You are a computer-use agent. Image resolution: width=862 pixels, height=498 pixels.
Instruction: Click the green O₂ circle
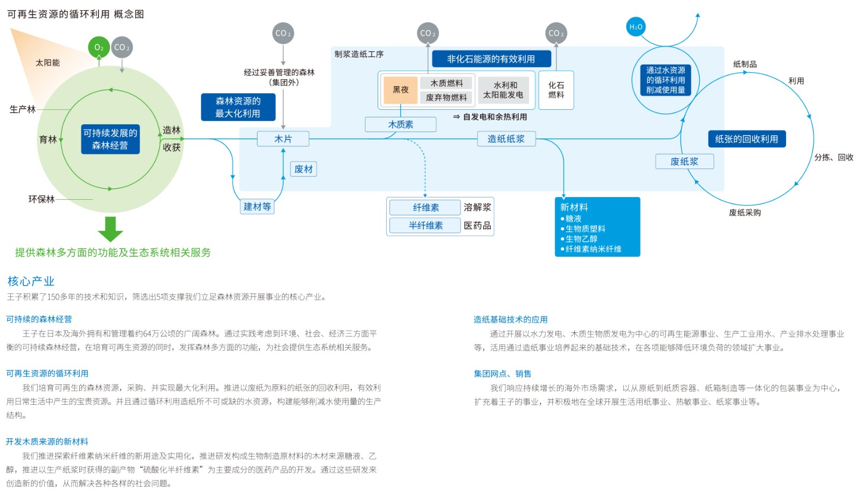click(x=99, y=47)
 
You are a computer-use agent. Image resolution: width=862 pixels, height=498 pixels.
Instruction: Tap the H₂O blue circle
click(x=636, y=27)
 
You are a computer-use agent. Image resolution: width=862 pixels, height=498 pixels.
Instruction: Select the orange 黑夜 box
click(x=400, y=90)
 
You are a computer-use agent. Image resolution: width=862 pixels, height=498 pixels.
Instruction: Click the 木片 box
click(x=283, y=139)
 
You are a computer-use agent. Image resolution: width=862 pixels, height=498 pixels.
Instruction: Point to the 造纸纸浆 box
click(x=506, y=139)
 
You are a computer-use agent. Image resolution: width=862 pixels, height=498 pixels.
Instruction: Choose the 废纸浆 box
click(x=684, y=162)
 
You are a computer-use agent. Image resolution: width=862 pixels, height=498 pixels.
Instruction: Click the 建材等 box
click(x=257, y=207)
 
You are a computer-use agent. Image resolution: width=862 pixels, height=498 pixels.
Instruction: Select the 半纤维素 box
click(x=425, y=226)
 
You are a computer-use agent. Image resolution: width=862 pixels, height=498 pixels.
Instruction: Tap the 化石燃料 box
click(x=556, y=90)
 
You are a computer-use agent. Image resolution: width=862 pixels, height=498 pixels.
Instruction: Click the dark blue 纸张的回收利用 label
click(x=746, y=139)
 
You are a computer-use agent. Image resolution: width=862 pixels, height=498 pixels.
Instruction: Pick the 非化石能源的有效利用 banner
click(x=490, y=59)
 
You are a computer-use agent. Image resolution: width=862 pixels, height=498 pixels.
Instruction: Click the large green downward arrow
click(x=110, y=229)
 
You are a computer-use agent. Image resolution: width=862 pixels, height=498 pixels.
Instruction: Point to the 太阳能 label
click(x=47, y=63)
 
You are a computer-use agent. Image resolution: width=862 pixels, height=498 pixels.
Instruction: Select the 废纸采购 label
click(x=745, y=213)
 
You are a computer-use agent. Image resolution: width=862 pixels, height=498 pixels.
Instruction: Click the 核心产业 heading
click(x=31, y=281)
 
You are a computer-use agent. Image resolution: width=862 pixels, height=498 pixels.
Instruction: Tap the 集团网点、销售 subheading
click(x=502, y=374)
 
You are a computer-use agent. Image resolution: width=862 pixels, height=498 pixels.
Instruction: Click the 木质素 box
click(x=400, y=124)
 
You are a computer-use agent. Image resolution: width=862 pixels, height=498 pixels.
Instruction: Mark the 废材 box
click(x=303, y=169)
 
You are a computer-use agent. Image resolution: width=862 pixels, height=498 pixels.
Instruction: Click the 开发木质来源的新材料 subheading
click(x=47, y=441)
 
